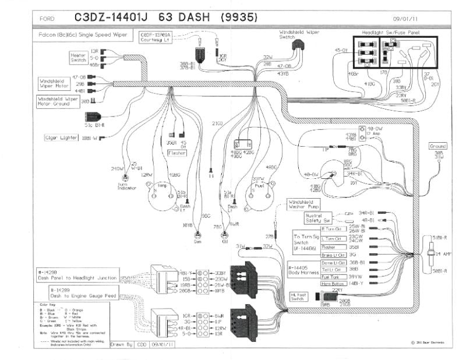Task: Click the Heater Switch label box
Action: click(78, 57)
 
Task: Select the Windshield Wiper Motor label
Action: click(54, 83)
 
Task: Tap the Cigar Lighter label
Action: click(62, 138)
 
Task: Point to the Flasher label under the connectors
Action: click(177, 153)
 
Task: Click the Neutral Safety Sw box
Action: click(319, 218)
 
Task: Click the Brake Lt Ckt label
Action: click(334, 255)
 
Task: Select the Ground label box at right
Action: click(437, 146)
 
